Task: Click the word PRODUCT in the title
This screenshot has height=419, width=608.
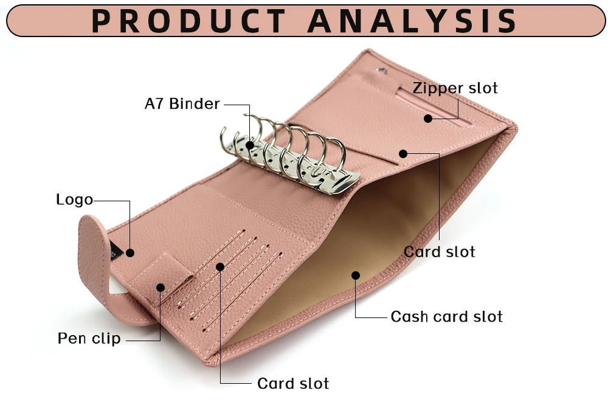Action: tap(188, 21)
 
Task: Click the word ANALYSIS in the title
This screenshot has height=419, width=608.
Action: tap(412, 21)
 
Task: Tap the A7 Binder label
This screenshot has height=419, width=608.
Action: tap(182, 104)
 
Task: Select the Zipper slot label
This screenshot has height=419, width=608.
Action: tap(455, 88)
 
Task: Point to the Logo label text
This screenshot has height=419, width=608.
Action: tap(74, 199)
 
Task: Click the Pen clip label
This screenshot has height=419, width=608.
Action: tap(89, 338)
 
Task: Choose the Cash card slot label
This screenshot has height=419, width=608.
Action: tap(447, 317)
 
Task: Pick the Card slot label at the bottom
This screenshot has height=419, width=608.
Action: tap(293, 384)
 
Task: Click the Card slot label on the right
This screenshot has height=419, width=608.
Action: tap(440, 252)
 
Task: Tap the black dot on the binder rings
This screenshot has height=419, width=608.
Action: tap(250, 144)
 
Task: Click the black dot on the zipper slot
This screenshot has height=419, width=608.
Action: tap(428, 119)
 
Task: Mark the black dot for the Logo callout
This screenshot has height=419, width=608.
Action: tap(130, 252)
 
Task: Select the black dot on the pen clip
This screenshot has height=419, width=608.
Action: tap(161, 287)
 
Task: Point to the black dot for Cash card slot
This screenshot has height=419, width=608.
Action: tap(356, 275)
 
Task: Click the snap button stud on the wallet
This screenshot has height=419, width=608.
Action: tap(381, 72)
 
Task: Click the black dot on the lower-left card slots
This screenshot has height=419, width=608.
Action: tap(220, 266)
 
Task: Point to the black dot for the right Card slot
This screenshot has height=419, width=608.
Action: tap(403, 153)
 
